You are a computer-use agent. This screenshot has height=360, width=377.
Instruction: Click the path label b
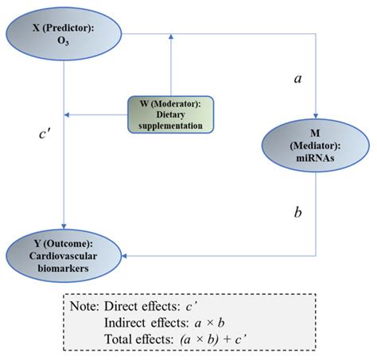[297, 212]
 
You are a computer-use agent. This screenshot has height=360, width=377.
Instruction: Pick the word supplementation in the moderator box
[170, 126]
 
